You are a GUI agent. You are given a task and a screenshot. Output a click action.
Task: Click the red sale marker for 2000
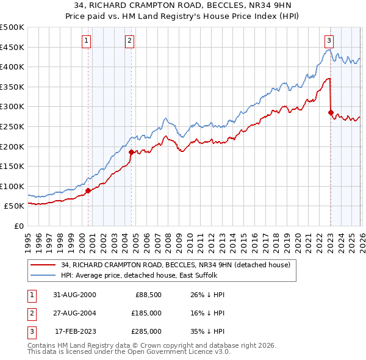pyautogui.click(x=88, y=190)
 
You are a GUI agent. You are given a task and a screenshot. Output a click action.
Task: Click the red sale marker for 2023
pyautogui.click(x=331, y=112)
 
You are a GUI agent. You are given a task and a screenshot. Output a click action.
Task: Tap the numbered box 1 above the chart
pyautogui.click(x=86, y=41)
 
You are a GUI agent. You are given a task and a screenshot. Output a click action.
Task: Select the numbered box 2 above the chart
pyautogui.click(x=130, y=41)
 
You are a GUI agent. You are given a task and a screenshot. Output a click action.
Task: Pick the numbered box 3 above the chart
pyautogui.click(x=329, y=41)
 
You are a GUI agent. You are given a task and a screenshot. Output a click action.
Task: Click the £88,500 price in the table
pyautogui.click(x=147, y=295)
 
